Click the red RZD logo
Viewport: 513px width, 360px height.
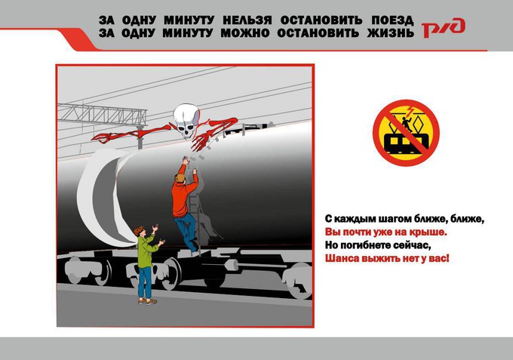[444, 28]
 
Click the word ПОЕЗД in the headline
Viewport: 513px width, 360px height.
[392, 20]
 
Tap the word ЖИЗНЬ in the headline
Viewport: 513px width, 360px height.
[390, 33]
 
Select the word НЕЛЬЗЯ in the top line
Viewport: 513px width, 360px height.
[247, 20]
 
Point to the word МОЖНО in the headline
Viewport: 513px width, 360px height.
[245, 33]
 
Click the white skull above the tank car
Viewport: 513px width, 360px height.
[186, 121]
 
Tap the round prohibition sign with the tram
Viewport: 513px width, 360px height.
[406, 133]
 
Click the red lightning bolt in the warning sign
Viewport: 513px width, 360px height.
[410, 111]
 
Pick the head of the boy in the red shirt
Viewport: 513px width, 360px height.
[180, 178]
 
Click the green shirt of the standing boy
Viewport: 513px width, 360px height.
[145, 251]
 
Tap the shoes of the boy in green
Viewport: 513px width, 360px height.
[147, 301]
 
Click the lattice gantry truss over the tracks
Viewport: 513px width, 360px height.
[102, 115]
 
